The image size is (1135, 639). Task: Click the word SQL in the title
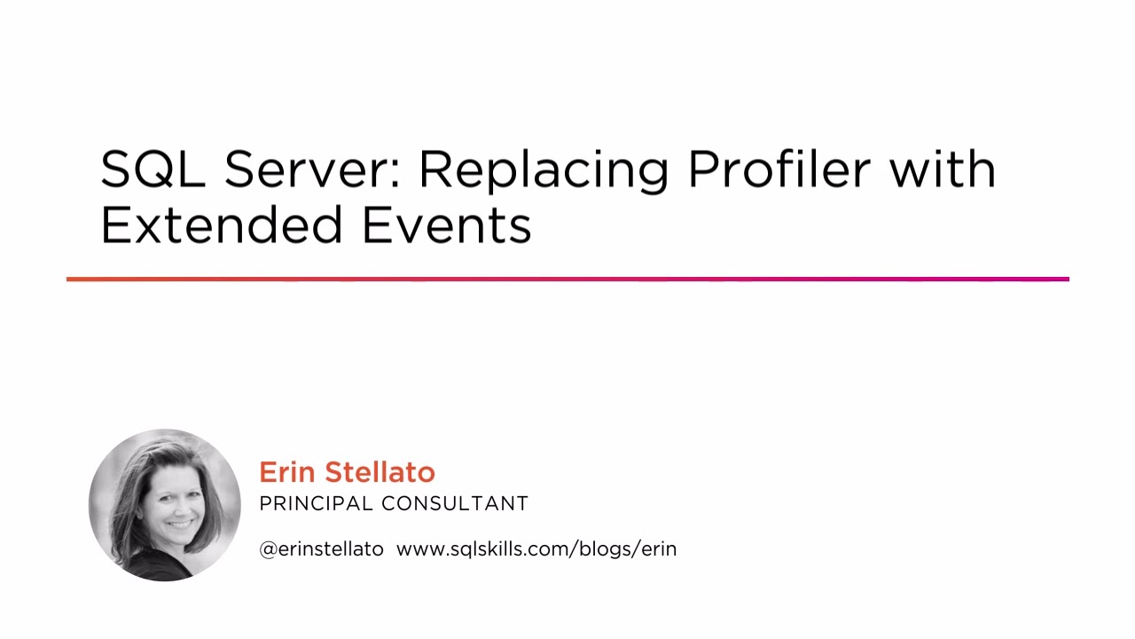click(x=153, y=169)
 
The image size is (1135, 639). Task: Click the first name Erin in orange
click(x=288, y=472)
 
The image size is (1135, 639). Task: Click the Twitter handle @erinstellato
click(x=321, y=549)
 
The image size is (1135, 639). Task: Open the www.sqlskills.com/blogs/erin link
click(x=536, y=549)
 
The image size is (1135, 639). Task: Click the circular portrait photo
click(x=165, y=505)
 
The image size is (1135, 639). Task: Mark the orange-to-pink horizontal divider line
click(x=567, y=279)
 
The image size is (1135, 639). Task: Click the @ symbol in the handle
click(x=268, y=549)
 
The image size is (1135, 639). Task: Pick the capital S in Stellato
click(x=334, y=472)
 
